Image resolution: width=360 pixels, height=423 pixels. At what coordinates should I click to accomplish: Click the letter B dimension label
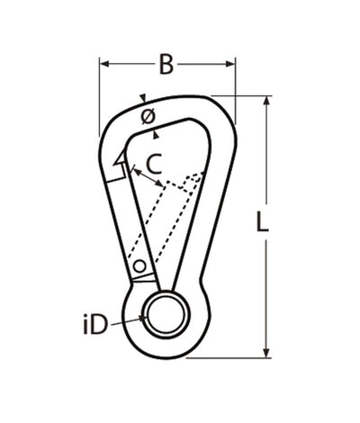[166, 65]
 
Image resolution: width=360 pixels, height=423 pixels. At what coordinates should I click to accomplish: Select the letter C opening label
[154, 164]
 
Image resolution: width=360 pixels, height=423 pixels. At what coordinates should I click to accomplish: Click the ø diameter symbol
[148, 116]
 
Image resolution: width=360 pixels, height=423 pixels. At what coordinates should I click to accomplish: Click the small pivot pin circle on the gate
[139, 265]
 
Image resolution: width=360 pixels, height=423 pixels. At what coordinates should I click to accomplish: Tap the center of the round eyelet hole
[166, 314]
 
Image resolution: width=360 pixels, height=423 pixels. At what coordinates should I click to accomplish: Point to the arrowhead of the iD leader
[144, 317]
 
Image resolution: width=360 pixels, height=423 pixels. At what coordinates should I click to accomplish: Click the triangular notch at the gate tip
[119, 159]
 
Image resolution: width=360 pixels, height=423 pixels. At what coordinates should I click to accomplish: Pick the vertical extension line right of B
[236, 90]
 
